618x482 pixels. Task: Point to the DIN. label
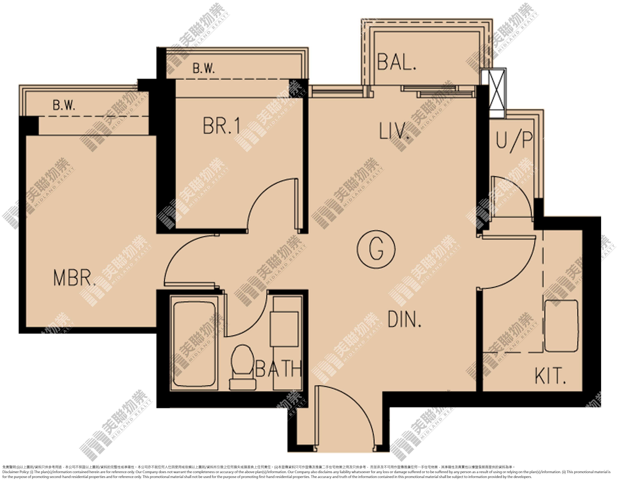pyautogui.click(x=404, y=319)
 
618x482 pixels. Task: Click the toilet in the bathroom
pyautogui.click(x=243, y=367)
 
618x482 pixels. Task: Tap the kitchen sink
pyautogui.click(x=561, y=326)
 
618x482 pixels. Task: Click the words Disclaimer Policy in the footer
pyautogui.click(x=16, y=472)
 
